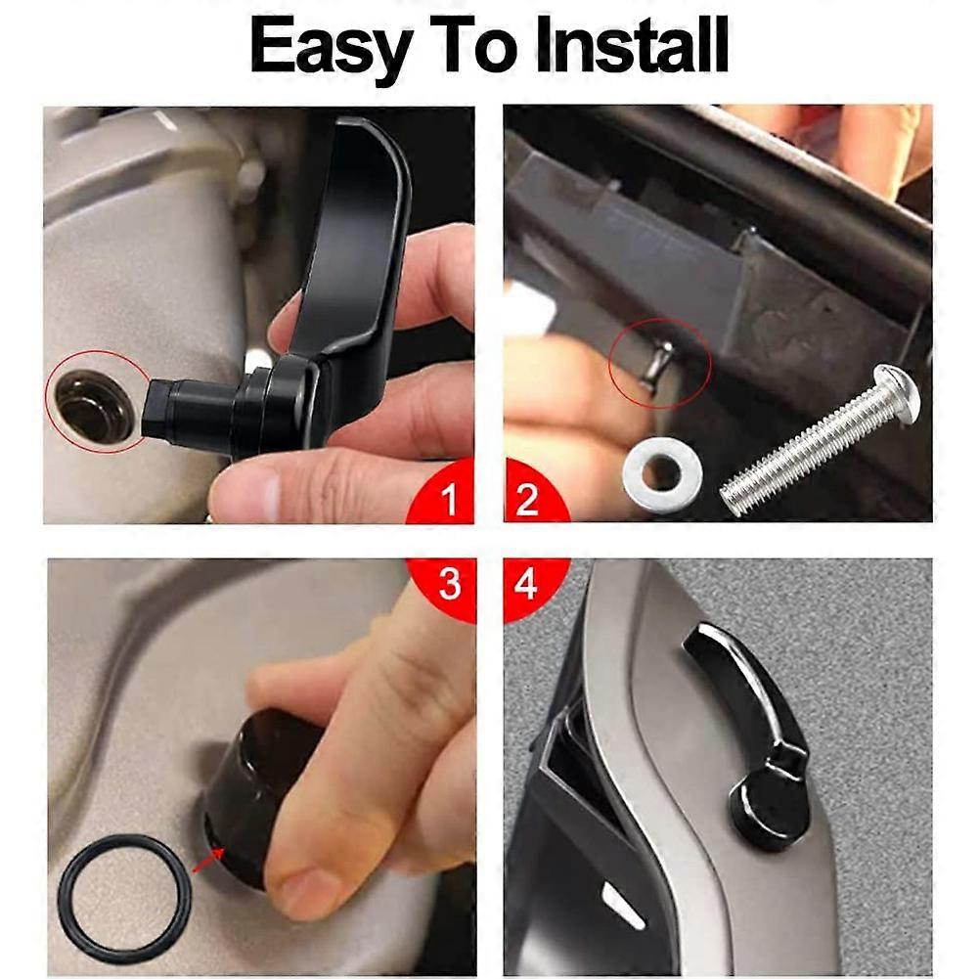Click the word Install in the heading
626,46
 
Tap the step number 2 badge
527,501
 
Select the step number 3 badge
448,584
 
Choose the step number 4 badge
526,584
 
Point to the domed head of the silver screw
897,390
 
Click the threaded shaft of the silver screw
802,450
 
